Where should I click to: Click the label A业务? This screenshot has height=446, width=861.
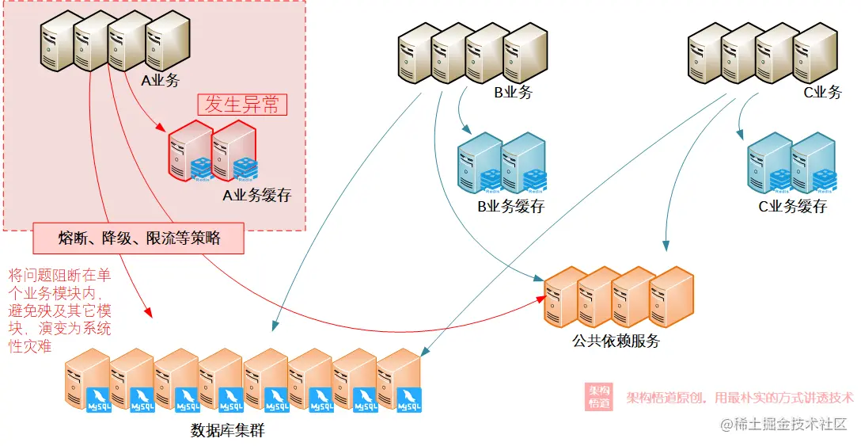pos(160,80)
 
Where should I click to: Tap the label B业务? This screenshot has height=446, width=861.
pos(514,93)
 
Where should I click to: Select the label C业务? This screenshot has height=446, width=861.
pos(822,93)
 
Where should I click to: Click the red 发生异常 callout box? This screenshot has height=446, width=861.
pos(242,105)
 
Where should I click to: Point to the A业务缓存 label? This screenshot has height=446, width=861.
pos(257,195)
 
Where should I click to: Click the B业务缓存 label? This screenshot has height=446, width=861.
pos(510,208)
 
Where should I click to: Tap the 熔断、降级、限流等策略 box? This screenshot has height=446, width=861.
pos(139,238)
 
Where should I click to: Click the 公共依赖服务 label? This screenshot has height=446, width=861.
pos(616,341)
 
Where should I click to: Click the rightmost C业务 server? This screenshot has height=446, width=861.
pos(815,52)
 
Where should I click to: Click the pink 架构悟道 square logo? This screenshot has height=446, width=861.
pos(599,397)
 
